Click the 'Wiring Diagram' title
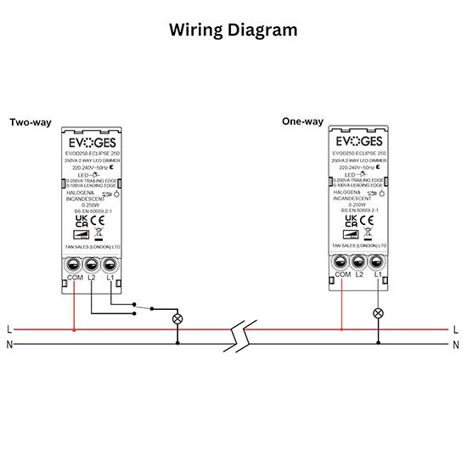point(233,31)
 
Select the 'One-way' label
point(303,121)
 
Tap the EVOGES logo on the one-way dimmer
point(360,141)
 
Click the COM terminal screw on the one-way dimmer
point(341,264)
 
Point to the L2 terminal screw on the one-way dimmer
point(360,264)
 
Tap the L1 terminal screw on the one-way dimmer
point(378,264)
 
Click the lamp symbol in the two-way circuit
point(177,318)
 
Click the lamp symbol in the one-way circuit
point(378,313)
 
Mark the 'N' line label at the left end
point(8,344)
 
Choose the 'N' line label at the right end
point(456,344)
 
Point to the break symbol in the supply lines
point(238,336)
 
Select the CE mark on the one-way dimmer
point(370,219)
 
